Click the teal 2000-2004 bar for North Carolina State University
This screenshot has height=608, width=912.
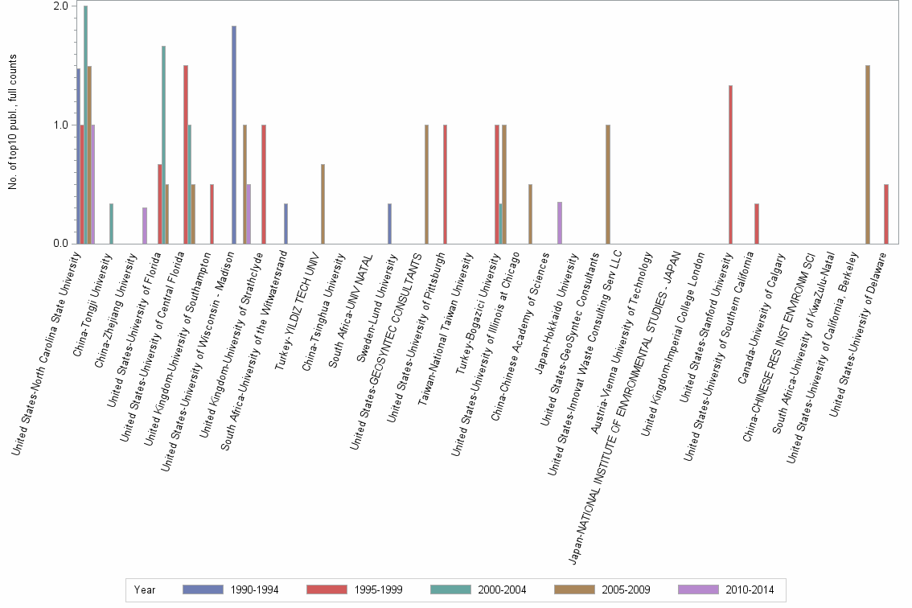pyautogui.click(x=86, y=125)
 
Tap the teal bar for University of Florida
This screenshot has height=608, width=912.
pyautogui.click(x=164, y=145)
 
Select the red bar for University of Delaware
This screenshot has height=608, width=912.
pyautogui.click(x=885, y=214)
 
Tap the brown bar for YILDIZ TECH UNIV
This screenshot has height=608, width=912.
pyautogui.click(x=322, y=204)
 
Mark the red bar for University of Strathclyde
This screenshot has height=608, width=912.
pyautogui.click(x=263, y=184)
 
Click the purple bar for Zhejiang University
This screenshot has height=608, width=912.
pyautogui.click(x=145, y=226)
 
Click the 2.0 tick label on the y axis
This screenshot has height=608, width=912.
pyautogui.click(x=60, y=6)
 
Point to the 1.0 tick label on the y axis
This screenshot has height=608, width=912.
pyautogui.click(x=60, y=125)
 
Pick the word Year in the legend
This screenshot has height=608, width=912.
pyautogui.click(x=146, y=590)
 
